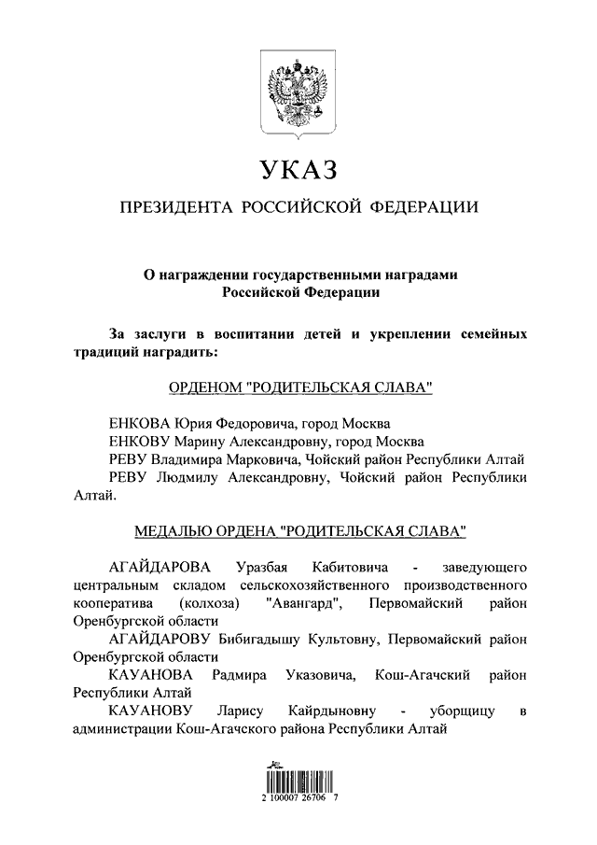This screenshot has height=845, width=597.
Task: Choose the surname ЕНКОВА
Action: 141,422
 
